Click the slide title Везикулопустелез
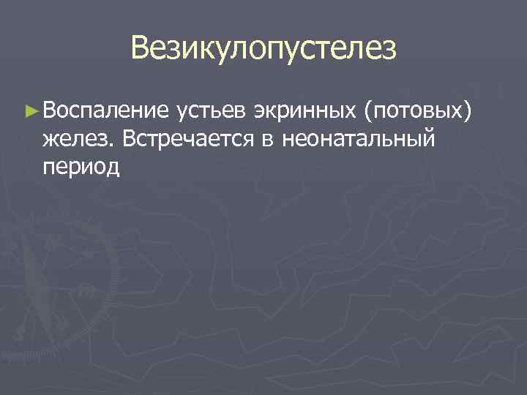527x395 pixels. (x=263, y=49)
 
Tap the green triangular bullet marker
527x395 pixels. (x=30, y=111)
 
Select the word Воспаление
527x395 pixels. (x=105, y=111)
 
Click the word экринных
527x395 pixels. (x=304, y=111)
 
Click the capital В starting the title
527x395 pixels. (x=141, y=49)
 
